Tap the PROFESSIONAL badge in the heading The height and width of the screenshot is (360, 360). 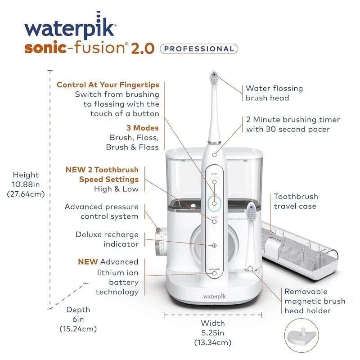[x=199, y=49]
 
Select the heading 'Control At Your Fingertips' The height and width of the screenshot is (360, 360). [x=108, y=85]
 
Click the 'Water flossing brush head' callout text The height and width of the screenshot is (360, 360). [x=274, y=93]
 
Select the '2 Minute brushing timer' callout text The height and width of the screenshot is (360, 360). [x=293, y=125]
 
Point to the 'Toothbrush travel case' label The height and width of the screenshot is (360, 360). [x=296, y=201]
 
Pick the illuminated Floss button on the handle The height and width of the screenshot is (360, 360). [x=215, y=203]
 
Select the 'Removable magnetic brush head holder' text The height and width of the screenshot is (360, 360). [x=315, y=301]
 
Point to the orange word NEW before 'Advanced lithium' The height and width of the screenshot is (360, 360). [x=88, y=261]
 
